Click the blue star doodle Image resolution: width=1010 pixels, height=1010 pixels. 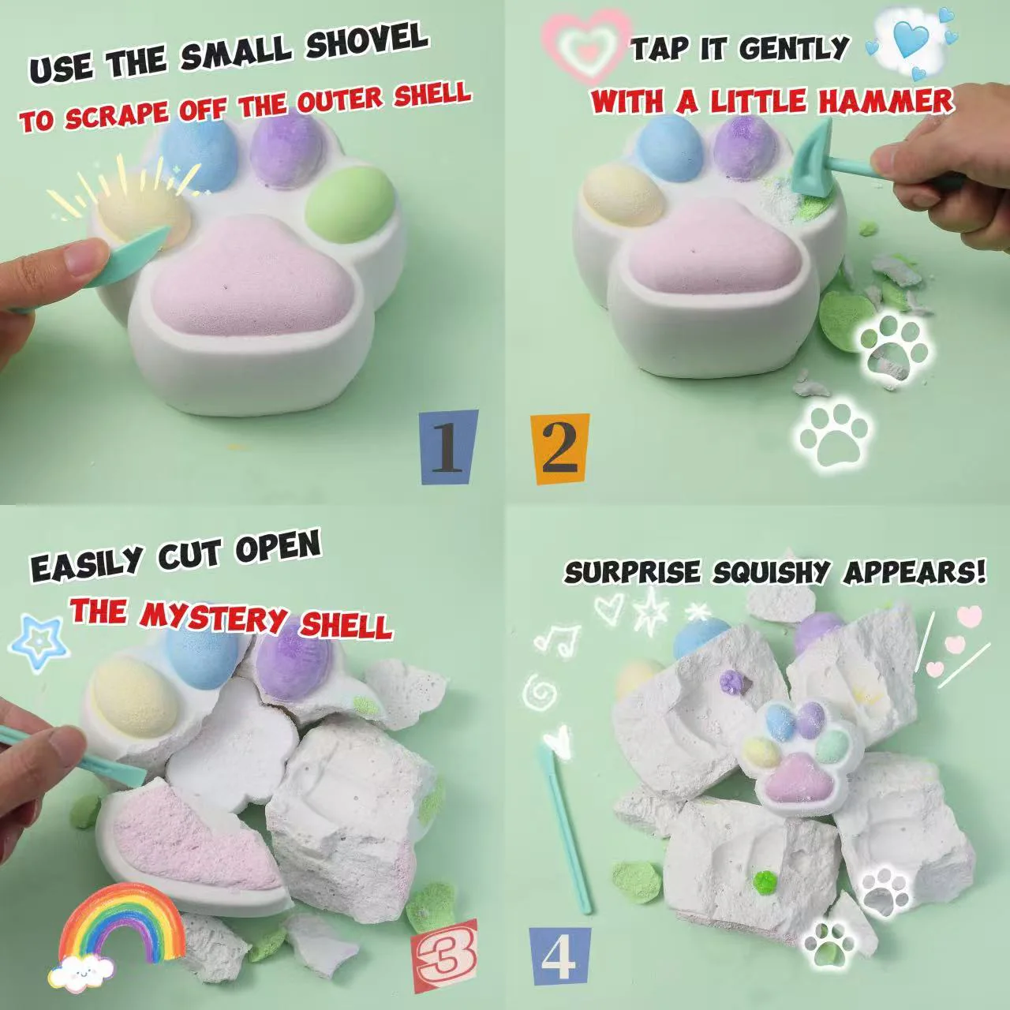point(39,642)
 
